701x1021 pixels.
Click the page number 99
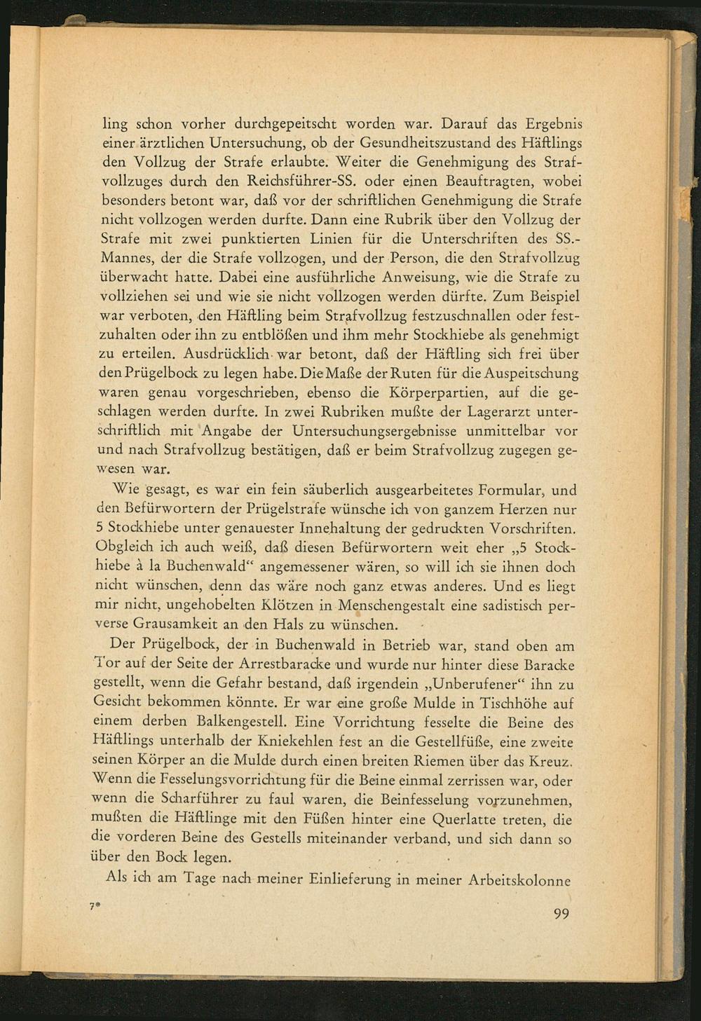562,913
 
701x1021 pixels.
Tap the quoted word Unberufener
475,683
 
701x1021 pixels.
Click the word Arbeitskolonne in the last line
519,880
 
